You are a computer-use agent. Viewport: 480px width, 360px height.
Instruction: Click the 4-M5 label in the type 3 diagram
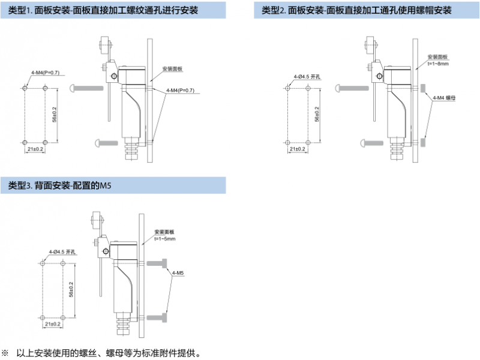pyautogui.click(x=178, y=274)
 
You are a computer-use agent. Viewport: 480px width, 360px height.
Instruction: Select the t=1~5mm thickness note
pyautogui.click(x=164, y=239)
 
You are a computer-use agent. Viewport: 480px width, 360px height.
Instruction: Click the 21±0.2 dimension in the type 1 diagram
pyautogui.click(x=35, y=148)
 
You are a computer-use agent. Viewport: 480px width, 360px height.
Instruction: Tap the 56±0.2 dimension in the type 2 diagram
pyautogui.click(x=316, y=115)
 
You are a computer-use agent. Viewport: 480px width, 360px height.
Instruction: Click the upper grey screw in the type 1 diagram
pyautogui.click(x=87, y=88)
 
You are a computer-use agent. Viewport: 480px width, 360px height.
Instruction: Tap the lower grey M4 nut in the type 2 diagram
pyautogui.click(x=424, y=142)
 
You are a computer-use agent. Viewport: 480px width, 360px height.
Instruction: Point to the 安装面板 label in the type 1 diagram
pyautogui.click(x=172, y=68)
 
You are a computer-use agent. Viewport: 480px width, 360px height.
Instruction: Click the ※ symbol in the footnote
pyautogui.click(x=5, y=352)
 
